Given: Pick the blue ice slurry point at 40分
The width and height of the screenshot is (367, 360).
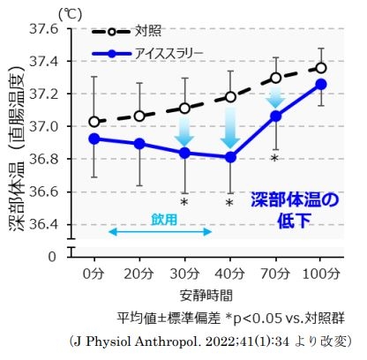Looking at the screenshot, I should pyautogui.click(x=230, y=157).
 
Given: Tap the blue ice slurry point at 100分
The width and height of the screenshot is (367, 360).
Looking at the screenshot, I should pyautogui.click(x=321, y=84).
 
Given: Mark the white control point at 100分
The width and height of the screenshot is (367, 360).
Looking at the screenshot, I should pyautogui.click(x=321, y=67).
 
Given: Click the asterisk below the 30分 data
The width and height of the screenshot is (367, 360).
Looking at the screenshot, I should pyautogui.click(x=184, y=203).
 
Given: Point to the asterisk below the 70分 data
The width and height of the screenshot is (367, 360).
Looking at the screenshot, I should pyautogui.click(x=275, y=160).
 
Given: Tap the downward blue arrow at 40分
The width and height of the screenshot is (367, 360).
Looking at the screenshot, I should pyautogui.click(x=230, y=129).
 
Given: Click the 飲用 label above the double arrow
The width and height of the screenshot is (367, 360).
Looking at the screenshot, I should pyautogui.click(x=161, y=218).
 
